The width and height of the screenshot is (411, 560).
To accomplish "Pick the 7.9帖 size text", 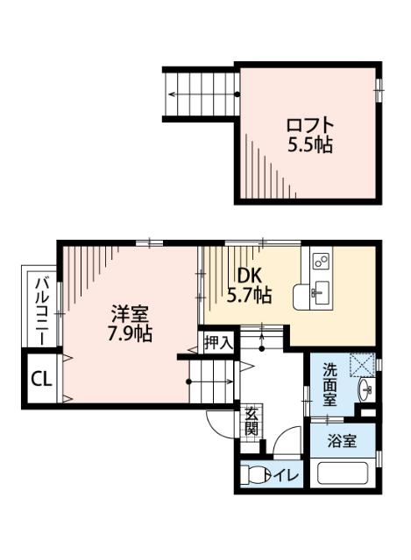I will [x=129, y=333].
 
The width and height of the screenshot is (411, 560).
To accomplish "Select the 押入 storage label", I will [x=217, y=343].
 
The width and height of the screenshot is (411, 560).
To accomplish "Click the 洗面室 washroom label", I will [x=330, y=384].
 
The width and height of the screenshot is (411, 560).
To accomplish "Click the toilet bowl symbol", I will [x=256, y=476].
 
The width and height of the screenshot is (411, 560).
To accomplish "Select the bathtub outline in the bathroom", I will [x=344, y=477].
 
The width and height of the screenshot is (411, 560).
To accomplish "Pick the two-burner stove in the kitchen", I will [x=319, y=262].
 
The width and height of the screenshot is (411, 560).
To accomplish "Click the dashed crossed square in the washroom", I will [x=361, y=364].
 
